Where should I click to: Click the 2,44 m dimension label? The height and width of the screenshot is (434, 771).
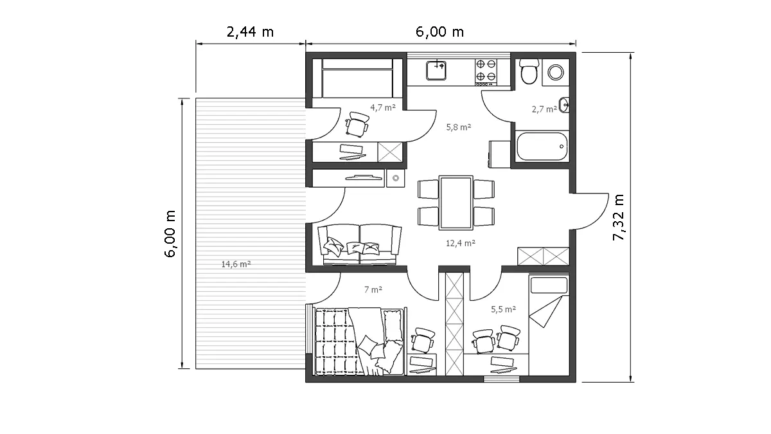point(250,32)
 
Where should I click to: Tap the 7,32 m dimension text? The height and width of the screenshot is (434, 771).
point(619,217)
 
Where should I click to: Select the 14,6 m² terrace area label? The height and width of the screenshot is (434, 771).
point(236,264)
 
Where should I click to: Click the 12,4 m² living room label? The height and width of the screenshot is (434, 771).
point(461,243)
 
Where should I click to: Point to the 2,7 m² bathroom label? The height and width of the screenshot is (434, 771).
point(544,109)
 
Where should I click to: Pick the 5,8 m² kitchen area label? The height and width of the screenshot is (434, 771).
point(459,127)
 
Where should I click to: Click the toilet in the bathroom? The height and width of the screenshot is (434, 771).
point(529,71)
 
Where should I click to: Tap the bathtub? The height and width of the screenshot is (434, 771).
point(542,147)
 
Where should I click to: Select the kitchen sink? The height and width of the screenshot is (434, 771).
point(436,70)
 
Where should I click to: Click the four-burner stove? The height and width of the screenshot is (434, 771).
point(486,72)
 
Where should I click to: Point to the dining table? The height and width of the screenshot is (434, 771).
point(456,203)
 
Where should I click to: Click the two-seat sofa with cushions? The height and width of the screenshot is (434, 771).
point(359,244)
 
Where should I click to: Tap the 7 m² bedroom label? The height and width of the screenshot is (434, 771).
point(373,290)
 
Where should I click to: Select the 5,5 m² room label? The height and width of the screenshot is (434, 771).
point(503,309)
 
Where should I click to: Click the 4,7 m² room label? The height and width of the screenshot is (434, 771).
point(383,107)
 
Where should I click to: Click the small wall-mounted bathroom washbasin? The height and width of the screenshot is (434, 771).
point(564,105)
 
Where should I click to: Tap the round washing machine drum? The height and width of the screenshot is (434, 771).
point(556,72)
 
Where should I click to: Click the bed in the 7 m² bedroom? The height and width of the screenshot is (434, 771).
point(359,341)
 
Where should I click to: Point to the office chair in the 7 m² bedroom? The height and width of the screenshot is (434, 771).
point(423,340)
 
